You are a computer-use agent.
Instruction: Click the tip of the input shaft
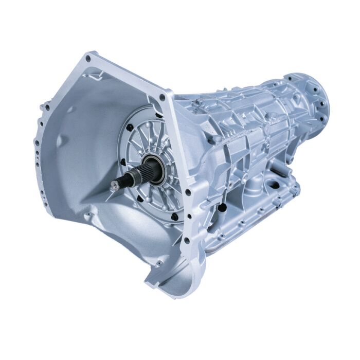click(112, 184)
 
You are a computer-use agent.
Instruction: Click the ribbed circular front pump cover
click(149, 159)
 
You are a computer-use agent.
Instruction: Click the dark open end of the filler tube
click(222, 207)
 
